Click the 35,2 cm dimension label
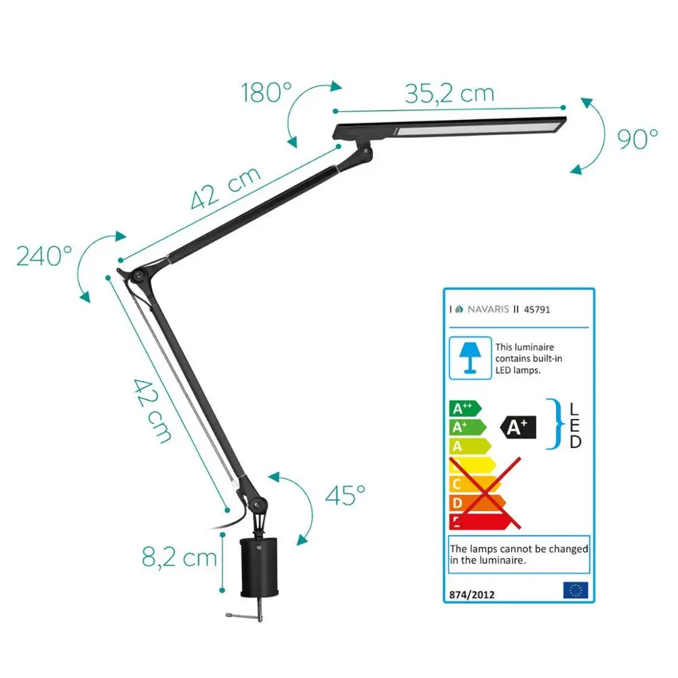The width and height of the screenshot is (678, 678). coord(450,93)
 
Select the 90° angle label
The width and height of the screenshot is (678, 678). coord(637,138)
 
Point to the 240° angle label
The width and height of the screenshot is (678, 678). coord(44,256)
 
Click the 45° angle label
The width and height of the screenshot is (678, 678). coord(344,495)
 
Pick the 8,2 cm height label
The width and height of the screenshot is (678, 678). coord(180,557)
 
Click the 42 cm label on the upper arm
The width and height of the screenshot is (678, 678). coord(226,187)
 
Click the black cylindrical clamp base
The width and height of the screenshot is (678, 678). coord(261,565)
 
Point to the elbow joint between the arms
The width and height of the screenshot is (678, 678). coord(138,274)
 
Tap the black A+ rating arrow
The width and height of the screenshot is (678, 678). coord(517,426)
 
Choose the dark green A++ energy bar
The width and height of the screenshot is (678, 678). coord(464,408)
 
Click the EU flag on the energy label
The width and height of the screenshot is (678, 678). coord(576,590)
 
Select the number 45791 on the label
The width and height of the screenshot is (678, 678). coord(538,309)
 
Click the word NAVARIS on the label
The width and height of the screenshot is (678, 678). coord(487,309)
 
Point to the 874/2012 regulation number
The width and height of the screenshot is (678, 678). coord(472,595)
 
